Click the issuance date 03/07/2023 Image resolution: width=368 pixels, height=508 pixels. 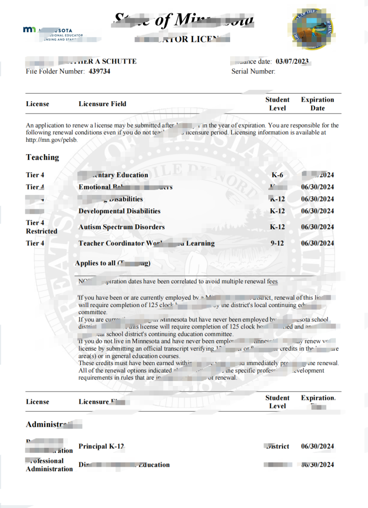[x=292, y=62]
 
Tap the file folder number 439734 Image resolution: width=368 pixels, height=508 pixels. [x=99, y=71]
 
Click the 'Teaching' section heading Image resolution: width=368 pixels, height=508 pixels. [x=42, y=157]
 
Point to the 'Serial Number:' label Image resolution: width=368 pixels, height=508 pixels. [x=253, y=71]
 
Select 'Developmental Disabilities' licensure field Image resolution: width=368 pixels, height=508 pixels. [x=120, y=211]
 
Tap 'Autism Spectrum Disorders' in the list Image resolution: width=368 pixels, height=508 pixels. [x=122, y=227]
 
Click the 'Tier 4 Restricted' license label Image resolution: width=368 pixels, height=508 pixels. [x=41, y=227]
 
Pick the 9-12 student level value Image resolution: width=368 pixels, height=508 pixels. [x=277, y=244]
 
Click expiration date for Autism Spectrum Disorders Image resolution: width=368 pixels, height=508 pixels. [x=317, y=227]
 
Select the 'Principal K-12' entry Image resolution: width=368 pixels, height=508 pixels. [x=101, y=446]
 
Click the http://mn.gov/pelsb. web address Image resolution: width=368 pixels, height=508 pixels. [x=52, y=140]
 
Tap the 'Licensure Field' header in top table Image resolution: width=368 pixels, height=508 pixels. [x=102, y=104]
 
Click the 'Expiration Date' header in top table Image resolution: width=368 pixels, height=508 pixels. [x=317, y=104]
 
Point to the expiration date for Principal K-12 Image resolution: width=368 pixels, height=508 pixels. [x=317, y=446]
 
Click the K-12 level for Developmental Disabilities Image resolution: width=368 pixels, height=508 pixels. [x=277, y=211]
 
